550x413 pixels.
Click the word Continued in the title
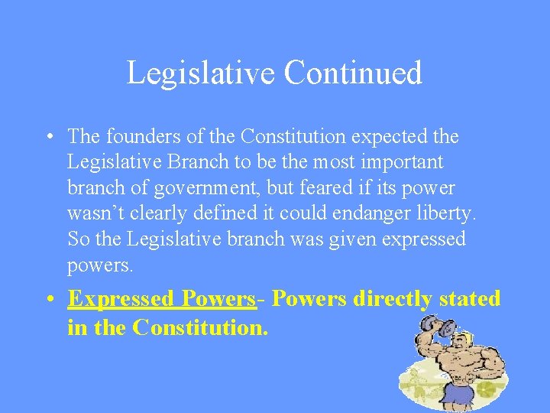point(352,73)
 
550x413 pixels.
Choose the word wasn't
point(95,213)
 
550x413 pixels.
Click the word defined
point(230,213)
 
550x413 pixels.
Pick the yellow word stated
point(470,298)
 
